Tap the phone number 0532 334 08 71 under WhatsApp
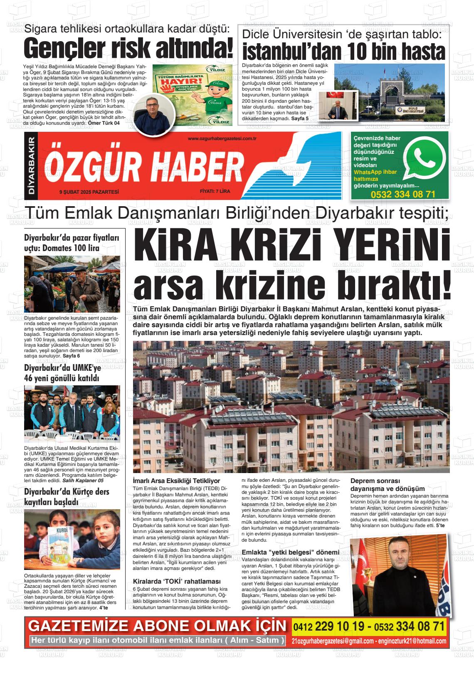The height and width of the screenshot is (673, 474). tap(403, 194)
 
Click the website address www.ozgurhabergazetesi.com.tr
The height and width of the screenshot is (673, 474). tap(221, 138)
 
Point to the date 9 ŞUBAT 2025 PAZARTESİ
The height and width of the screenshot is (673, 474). tap(89, 192)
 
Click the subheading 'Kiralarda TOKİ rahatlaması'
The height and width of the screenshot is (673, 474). tap(176, 581)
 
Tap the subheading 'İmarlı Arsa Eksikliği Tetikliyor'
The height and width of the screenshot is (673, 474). tap(176, 481)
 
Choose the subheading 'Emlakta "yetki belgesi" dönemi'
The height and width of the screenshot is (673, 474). tap(290, 552)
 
